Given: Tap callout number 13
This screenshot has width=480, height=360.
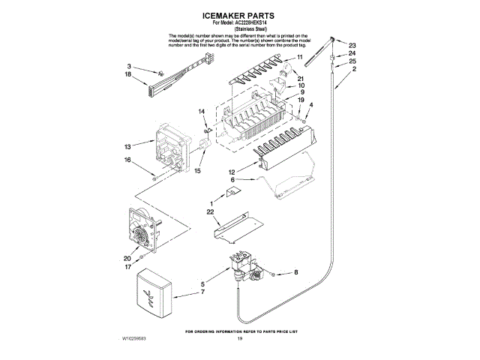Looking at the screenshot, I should [127, 145].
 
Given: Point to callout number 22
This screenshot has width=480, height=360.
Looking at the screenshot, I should [211, 214].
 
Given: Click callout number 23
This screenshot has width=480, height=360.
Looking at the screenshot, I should [352, 45].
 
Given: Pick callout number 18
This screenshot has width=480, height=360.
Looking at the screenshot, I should [127, 76].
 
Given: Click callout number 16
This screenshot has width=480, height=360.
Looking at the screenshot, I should [127, 160].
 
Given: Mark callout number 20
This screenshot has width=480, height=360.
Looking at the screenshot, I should [127, 258].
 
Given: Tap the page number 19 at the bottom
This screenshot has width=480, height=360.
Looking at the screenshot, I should [240, 339].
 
